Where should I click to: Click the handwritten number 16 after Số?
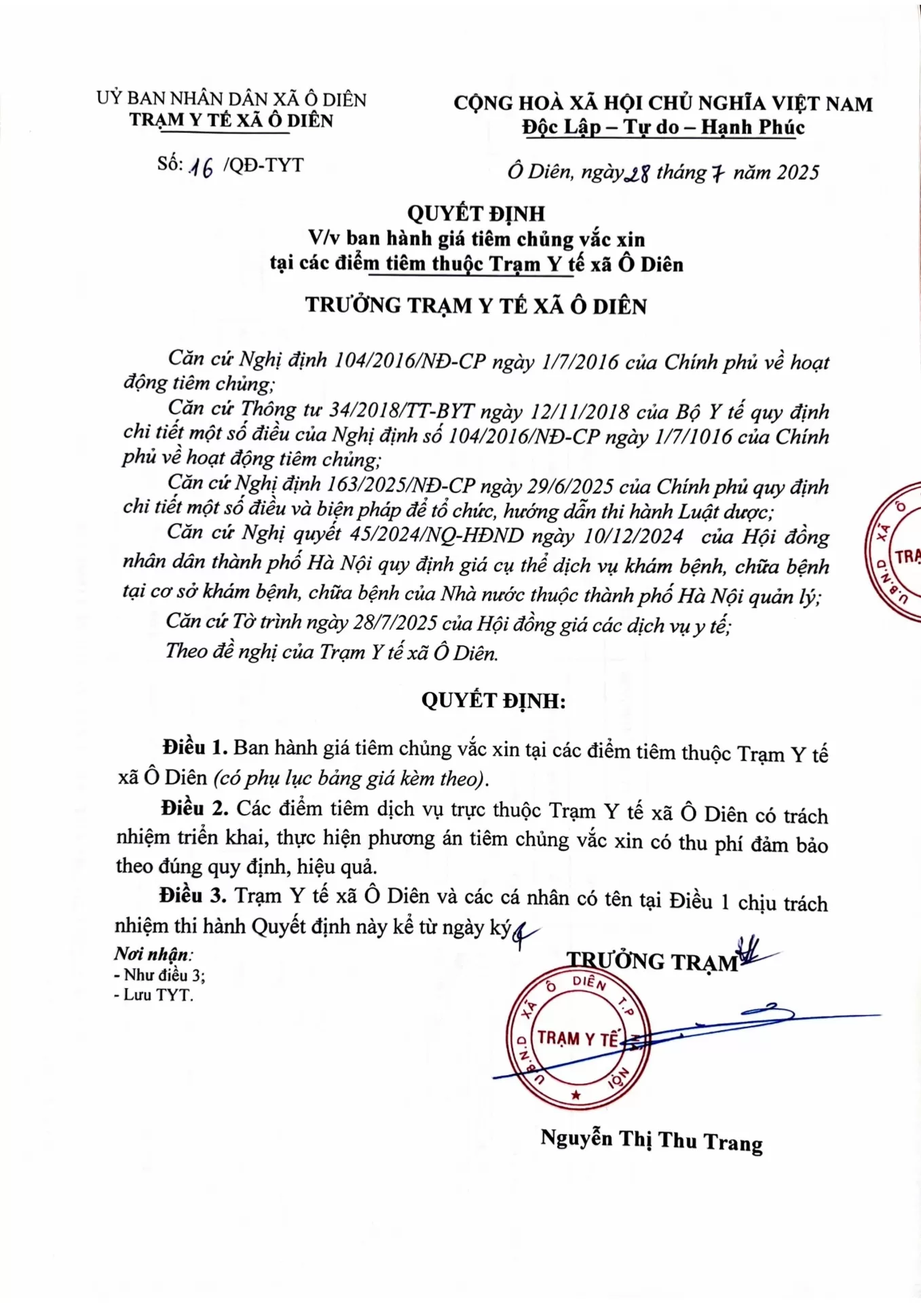click(x=201, y=167)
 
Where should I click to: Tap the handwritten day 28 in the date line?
click(x=637, y=174)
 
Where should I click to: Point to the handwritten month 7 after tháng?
click(x=717, y=174)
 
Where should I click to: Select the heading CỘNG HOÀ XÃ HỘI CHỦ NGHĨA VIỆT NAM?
click(x=662, y=104)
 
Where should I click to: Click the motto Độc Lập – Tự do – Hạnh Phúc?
click(x=662, y=128)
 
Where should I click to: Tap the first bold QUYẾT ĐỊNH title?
click(x=476, y=214)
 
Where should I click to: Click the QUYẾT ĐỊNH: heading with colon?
click(x=493, y=700)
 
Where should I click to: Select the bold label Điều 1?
click(x=195, y=748)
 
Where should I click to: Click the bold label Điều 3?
click(x=193, y=896)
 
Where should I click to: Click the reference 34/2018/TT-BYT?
click(x=401, y=411)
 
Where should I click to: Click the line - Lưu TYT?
click(x=153, y=996)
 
